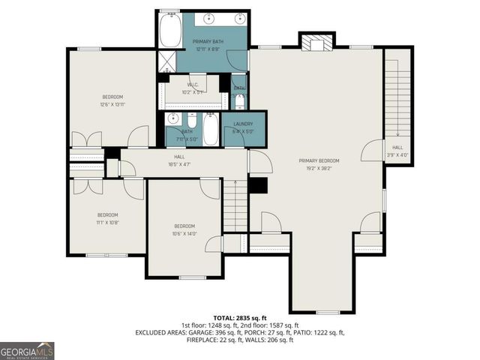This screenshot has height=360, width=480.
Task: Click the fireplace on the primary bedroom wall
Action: pyautogui.click(x=316, y=43)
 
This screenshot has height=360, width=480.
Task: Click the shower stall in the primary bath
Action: pyautogui.click(x=164, y=61)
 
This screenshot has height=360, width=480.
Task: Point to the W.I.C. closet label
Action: pyautogui.click(x=193, y=85)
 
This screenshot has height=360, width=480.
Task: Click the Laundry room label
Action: pyautogui.click(x=242, y=124)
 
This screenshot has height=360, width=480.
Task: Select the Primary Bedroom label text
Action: pyautogui.click(x=319, y=160)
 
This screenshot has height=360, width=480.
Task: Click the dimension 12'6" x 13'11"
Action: pyautogui.click(x=112, y=104)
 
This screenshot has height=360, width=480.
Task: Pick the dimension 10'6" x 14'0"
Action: pyautogui.click(x=184, y=233)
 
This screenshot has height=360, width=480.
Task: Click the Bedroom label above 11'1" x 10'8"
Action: pyautogui.click(x=108, y=214)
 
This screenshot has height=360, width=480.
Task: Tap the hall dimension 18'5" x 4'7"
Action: pyautogui.click(x=180, y=163)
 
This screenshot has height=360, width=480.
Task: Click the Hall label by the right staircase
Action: pyautogui.click(x=397, y=148)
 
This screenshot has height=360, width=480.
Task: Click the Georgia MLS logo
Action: pyautogui.click(x=27, y=350)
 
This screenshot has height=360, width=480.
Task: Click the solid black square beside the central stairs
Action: pyautogui.click(x=257, y=185)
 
